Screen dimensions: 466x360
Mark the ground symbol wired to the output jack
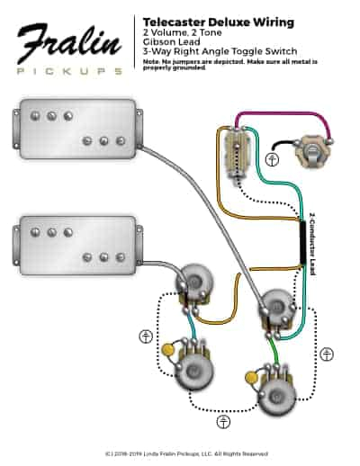273,159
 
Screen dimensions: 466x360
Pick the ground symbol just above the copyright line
221,421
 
